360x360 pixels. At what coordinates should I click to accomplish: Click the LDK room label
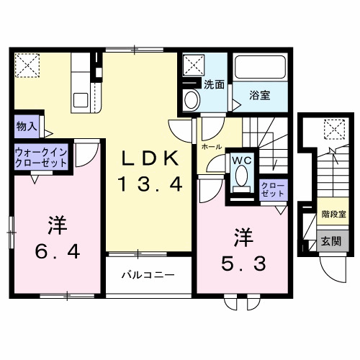coord(148,158)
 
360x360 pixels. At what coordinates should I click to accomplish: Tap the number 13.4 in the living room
coord(148,185)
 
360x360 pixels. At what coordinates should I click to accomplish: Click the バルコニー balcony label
coord(147,275)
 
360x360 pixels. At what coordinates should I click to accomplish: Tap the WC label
coord(240,161)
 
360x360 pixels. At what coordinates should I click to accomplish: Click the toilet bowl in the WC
coord(241,176)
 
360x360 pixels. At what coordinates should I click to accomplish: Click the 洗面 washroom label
coord(213,84)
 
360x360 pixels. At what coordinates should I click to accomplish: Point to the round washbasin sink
coord(191,99)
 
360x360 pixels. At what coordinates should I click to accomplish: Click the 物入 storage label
coord(27,126)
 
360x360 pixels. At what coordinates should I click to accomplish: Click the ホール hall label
coord(212,146)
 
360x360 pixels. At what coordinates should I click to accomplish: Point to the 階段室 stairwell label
coord(333,214)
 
